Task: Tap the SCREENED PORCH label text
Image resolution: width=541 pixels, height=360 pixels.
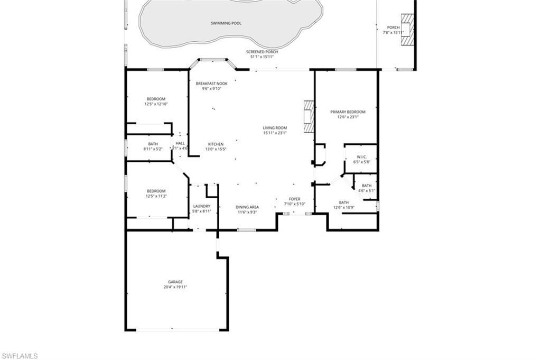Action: (x=262, y=52)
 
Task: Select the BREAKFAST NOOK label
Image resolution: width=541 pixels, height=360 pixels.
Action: (x=211, y=84)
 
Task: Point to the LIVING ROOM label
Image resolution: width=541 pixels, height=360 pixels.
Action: (x=275, y=128)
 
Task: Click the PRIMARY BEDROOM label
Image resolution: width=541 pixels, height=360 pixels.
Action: (x=348, y=112)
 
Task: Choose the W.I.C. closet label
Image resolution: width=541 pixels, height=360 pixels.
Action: (x=362, y=156)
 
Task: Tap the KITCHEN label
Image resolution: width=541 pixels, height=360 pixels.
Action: (x=216, y=144)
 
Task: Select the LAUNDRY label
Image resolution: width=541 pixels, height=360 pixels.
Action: (x=202, y=206)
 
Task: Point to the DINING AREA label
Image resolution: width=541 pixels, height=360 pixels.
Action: (x=247, y=207)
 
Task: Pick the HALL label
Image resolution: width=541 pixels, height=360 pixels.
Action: (x=181, y=143)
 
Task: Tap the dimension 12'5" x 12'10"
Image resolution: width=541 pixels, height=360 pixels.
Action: (x=156, y=104)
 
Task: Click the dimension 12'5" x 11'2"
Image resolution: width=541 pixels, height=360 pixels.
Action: (x=156, y=196)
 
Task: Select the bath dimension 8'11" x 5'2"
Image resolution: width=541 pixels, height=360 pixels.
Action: (x=153, y=149)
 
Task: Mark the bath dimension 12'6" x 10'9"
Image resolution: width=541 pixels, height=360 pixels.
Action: (x=344, y=208)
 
